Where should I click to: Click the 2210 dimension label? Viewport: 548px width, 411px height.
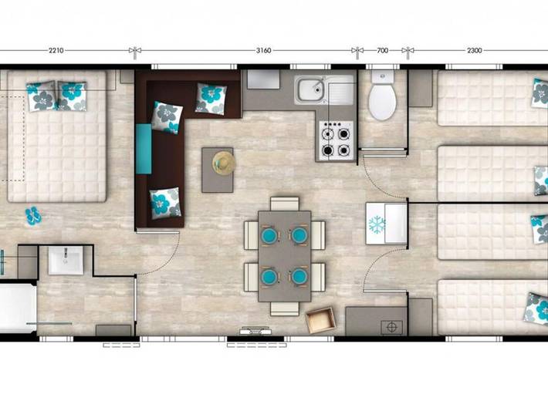tap(56, 51)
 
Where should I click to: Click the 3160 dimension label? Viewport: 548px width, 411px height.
tap(264, 51)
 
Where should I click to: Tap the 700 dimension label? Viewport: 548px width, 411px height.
tap(382, 51)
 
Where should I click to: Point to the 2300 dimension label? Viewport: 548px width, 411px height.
tap(474, 51)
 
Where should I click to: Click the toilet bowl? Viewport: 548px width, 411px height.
tap(381, 103)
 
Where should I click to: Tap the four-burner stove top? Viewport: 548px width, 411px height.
tap(337, 141)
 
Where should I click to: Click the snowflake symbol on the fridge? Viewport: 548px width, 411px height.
tap(377, 225)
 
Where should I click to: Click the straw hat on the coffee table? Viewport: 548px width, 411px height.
tap(224, 161)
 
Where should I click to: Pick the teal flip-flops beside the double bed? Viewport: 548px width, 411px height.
tap(33, 216)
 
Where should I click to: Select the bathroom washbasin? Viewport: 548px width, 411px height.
tap(66, 261)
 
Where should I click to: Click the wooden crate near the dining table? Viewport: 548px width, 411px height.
tap(321, 320)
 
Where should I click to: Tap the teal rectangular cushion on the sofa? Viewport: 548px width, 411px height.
tap(144, 148)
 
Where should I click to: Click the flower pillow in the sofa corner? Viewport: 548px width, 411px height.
tap(211, 98)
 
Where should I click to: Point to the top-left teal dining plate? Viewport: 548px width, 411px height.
tap(269, 234)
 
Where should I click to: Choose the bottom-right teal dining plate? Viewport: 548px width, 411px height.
tap(299, 275)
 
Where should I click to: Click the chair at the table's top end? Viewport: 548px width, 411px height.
tap(284, 204)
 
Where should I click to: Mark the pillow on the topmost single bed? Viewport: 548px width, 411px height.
tap(540, 93)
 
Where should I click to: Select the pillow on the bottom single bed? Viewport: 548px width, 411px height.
tap(534, 308)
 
